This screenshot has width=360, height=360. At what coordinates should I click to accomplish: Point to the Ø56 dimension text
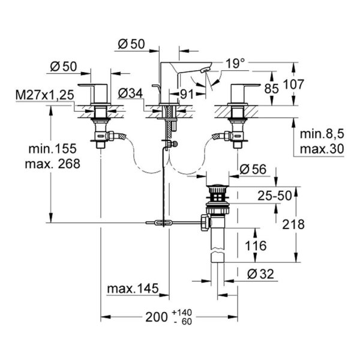(252, 170)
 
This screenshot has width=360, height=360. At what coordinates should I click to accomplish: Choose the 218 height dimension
(293, 224)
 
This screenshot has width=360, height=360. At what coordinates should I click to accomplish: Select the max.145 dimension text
(133, 290)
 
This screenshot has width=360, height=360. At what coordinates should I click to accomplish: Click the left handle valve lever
(94, 91)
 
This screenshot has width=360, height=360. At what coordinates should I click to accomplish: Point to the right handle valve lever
(245, 91)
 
